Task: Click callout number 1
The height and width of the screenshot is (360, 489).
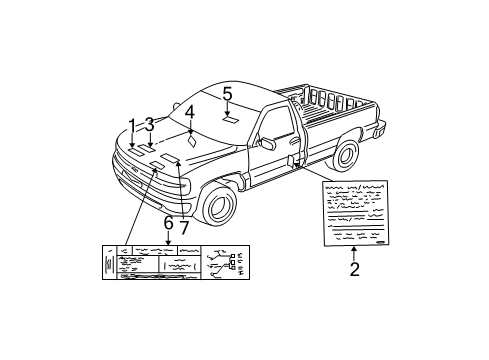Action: pos(132,125)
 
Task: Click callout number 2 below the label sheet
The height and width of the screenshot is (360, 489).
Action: pos(354,268)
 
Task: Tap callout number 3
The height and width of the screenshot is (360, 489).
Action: pos(150,125)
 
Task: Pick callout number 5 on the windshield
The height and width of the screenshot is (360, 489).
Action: pos(227,94)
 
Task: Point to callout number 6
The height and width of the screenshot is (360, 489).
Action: pos(168,223)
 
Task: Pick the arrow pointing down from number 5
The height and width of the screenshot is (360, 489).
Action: pos(227,107)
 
